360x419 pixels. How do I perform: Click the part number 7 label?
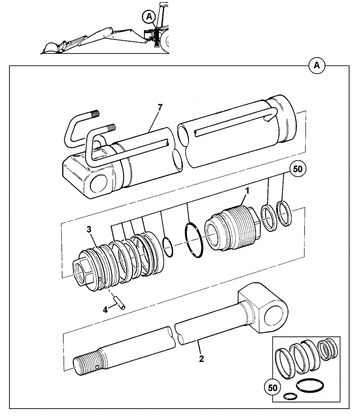coord(160,108)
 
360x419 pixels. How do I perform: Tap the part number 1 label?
coord(247,191)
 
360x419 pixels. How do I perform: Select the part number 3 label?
coord(89,230)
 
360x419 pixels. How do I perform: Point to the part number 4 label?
coord(106,310)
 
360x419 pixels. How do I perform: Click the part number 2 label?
coord(201,359)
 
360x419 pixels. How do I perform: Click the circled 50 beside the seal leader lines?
coord(298,169)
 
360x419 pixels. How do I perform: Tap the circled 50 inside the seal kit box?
coord(272,388)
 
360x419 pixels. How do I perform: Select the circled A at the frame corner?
coord(317,65)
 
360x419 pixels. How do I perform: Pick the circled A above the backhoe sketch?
coord(149,17)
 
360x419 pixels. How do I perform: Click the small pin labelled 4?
coord(120,304)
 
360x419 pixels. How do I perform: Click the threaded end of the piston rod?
coord(85,361)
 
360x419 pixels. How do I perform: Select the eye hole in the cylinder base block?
coord(99,183)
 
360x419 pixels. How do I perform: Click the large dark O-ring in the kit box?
coord(310,386)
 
